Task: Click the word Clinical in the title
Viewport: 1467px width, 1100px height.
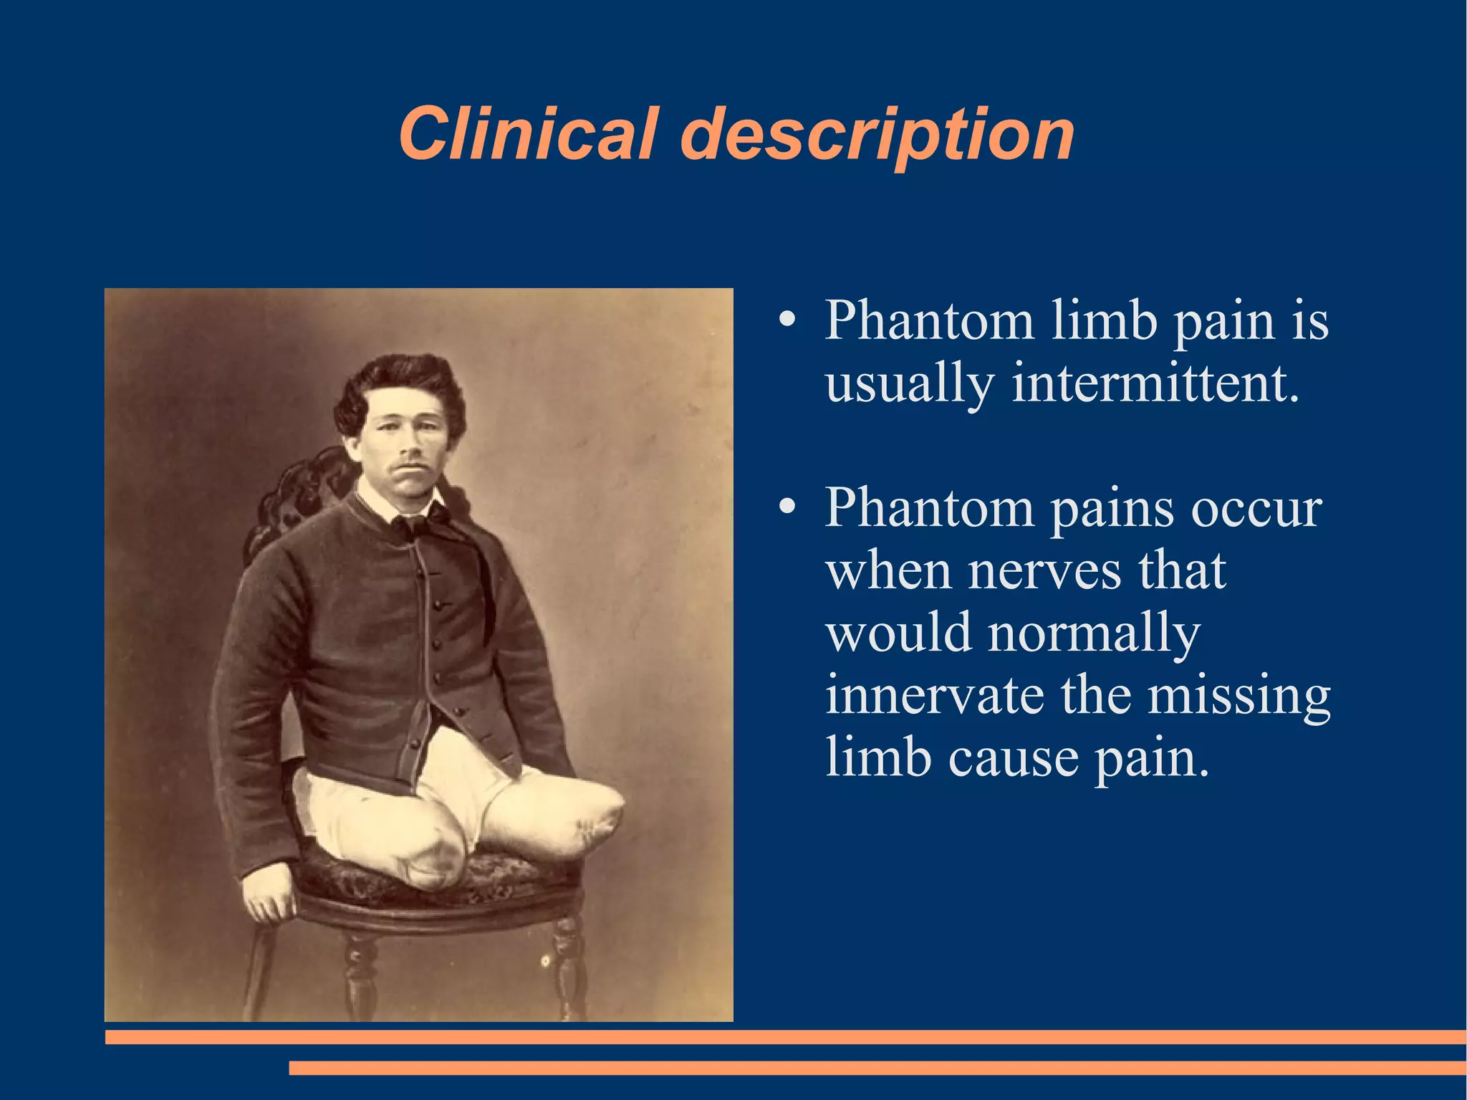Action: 527,134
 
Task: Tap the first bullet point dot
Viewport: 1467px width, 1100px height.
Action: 787,320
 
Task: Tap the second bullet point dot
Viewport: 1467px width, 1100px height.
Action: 787,508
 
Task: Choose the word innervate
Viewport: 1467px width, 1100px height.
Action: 934,695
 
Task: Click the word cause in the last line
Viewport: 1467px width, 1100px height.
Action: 1013,757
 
